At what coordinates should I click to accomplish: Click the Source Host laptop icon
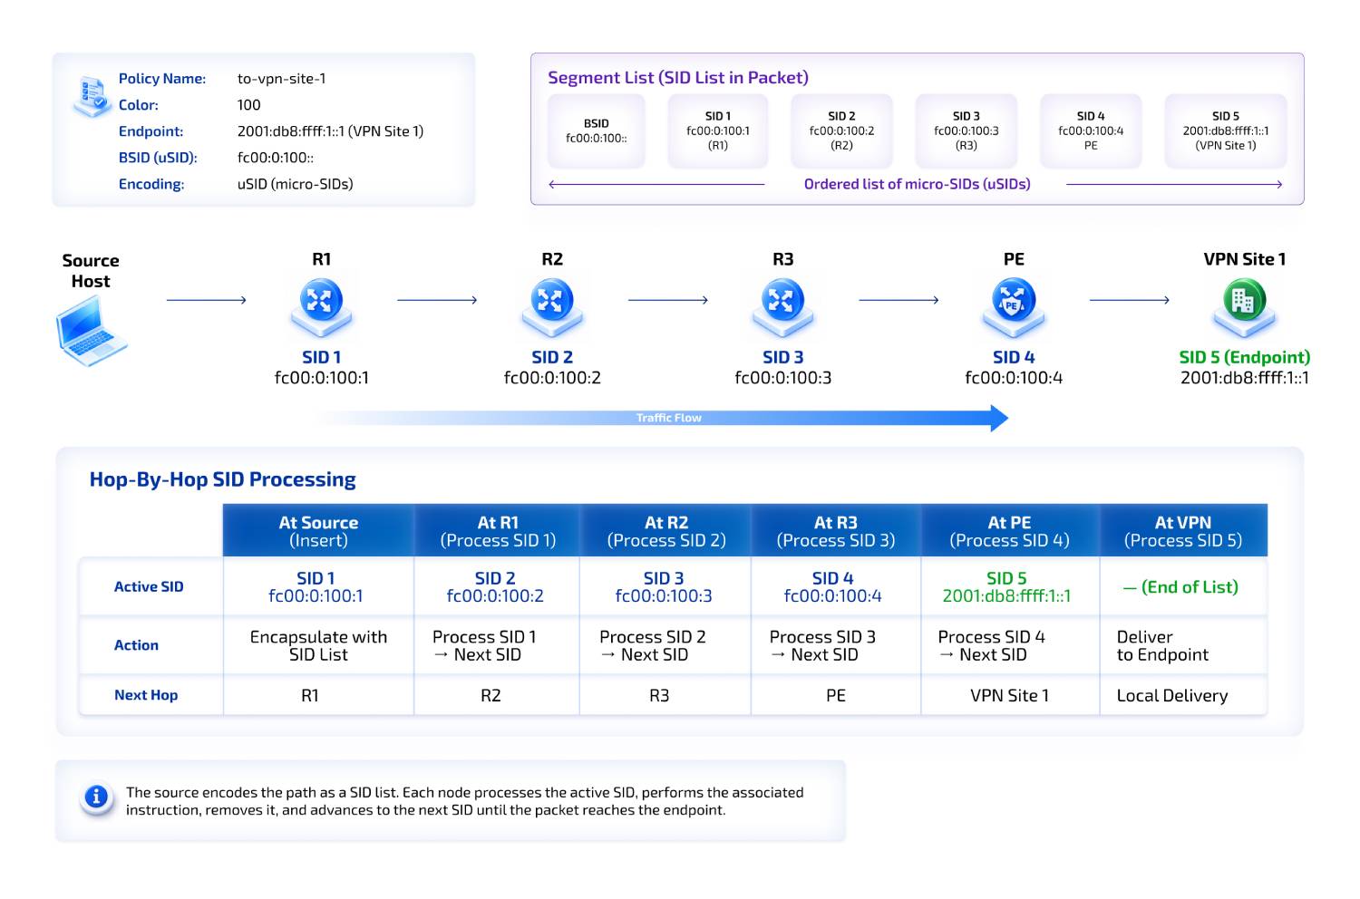point(91,331)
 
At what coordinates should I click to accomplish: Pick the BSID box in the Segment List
point(597,131)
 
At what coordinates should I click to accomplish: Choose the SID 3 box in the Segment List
point(966,131)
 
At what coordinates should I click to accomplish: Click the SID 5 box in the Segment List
point(1225,131)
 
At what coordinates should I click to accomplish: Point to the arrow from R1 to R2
point(437,300)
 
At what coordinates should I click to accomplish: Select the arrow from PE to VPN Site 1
point(1130,300)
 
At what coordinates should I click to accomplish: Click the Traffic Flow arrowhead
point(999,419)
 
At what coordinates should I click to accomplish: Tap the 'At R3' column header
point(836,530)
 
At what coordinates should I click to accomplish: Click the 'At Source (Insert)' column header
point(319,530)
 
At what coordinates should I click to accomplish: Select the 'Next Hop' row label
point(146,695)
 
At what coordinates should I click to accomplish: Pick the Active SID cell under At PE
point(1006,587)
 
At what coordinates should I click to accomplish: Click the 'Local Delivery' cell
point(1172,696)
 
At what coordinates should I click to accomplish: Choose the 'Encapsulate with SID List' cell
point(319,645)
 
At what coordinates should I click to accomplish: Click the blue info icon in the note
point(96,797)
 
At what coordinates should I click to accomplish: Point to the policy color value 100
point(249,105)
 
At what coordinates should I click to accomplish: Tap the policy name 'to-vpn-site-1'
point(282,79)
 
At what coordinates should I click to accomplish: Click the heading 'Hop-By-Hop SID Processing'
point(223,479)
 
